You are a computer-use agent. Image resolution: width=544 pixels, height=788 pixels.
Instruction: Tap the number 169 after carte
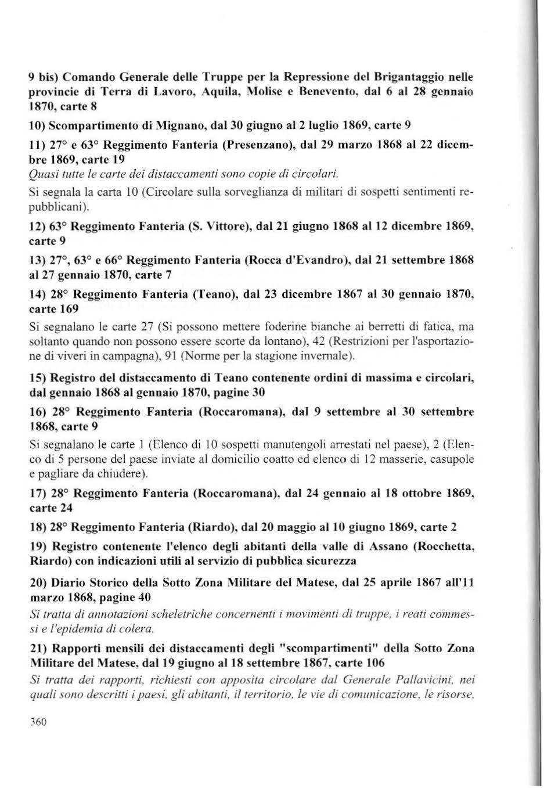pos(68,309)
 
